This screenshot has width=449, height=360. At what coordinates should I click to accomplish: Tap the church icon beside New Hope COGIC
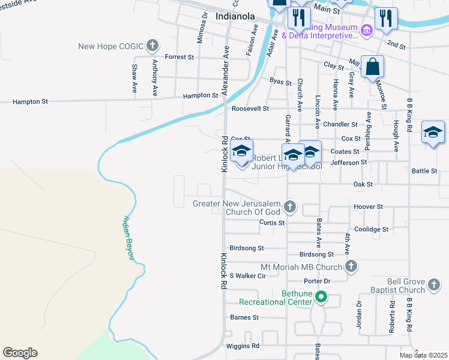pyautogui.click(x=152, y=45)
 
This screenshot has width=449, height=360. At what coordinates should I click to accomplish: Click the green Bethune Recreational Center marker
pyautogui.click(x=321, y=296)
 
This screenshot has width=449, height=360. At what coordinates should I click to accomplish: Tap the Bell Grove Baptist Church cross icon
pyautogui.click(x=433, y=285)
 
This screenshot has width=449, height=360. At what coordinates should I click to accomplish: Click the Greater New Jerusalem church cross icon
pyautogui.click(x=290, y=208)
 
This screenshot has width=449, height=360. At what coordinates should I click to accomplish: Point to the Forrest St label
pyautogui.click(x=179, y=57)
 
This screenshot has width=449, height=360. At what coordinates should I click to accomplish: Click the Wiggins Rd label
pyautogui.click(x=243, y=346)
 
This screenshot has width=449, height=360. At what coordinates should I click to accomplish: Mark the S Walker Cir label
pyautogui.click(x=247, y=275)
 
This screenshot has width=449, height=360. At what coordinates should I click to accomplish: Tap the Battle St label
pyautogui.click(x=424, y=171)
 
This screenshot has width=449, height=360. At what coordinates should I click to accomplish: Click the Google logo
pyautogui.click(x=20, y=353)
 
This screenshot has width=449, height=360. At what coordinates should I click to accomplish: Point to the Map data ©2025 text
pyautogui.click(x=423, y=355)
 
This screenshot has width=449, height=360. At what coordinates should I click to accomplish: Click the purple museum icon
pyautogui.click(x=366, y=28)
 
